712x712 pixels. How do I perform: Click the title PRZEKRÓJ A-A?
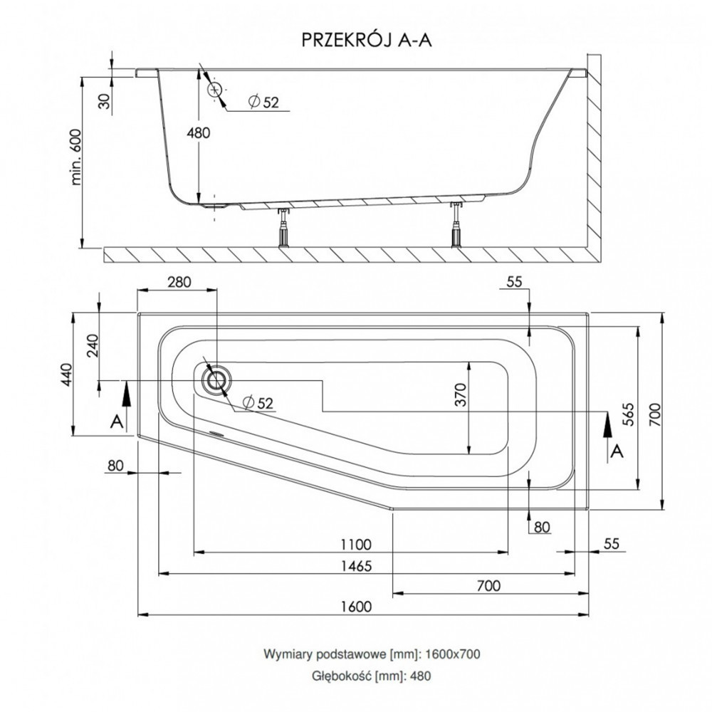pos(367,40)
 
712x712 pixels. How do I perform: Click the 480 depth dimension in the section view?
pos(199,133)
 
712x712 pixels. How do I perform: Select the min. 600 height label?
pos(76,157)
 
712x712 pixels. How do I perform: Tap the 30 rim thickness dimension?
pos(105,101)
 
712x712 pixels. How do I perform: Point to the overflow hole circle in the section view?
pos(214,90)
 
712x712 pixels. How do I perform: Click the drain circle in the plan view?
pos(216,379)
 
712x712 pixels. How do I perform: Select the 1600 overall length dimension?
pos(357,606)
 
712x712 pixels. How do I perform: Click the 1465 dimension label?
pos(357,566)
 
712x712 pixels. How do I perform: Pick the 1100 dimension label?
pos(357,544)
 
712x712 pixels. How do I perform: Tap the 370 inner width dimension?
pos(461,394)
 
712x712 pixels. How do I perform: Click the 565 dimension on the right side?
pos(628,414)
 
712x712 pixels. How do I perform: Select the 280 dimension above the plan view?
pos(179,282)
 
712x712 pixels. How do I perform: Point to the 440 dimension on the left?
pos(67,375)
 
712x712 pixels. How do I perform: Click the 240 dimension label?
pos(92,345)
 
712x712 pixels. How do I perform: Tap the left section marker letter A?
pos(117,422)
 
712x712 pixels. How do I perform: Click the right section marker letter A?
pos(617,452)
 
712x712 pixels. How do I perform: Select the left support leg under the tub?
pos(284,229)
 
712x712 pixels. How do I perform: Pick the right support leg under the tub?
pos(456,226)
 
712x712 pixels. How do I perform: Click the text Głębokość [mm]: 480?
pos(372,676)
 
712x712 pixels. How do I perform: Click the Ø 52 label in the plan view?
pos(258,402)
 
